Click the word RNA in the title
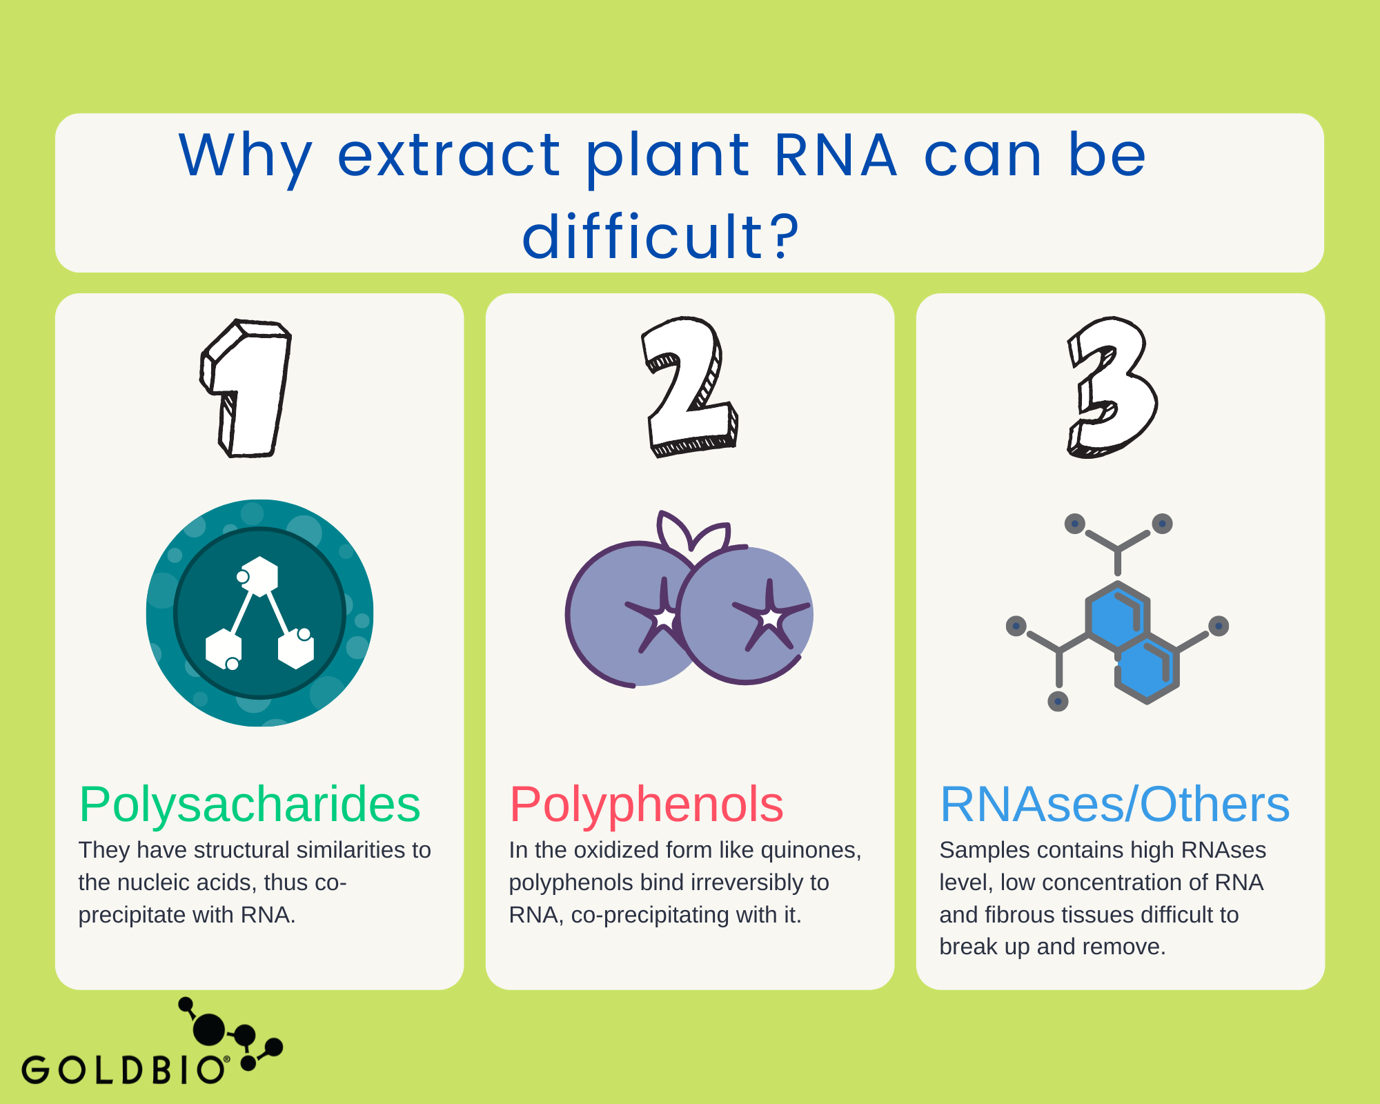coord(835,155)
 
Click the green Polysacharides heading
coord(250,805)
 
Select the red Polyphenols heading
coord(647,805)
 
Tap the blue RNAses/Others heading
coord(1115,805)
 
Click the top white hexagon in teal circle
coord(260,575)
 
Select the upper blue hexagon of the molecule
coord(1116,616)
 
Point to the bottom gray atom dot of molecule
coord(1058,702)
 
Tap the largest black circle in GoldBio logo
coord(209,1029)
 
